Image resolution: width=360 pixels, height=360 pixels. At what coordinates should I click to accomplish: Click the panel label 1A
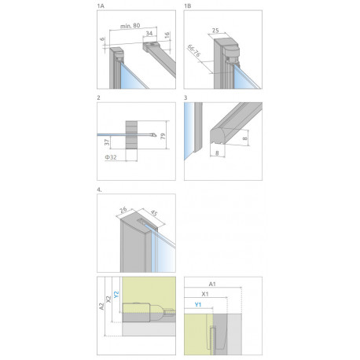(x=101, y=6)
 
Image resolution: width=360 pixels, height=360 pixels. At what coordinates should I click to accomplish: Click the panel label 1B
(x=188, y=6)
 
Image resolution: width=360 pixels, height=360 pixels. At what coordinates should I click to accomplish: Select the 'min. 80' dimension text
(x=130, y=26)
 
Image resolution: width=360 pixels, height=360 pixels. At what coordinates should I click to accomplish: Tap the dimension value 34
(x=149, y=33)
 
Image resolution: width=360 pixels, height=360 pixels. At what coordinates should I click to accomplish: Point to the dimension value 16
(x=167, y=35)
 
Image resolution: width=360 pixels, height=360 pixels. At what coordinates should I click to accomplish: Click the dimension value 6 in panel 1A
(x=102, y=39)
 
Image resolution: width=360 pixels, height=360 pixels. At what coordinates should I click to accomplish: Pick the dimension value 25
(x=215, y=31)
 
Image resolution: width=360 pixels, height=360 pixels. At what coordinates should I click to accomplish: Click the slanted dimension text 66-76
(x=194, y=51)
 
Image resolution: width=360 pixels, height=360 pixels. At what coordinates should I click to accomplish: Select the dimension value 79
(x=163, y=136)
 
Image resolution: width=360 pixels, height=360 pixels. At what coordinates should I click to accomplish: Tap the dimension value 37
(x=107, y=142)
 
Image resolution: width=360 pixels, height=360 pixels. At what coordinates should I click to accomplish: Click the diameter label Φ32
(x=111, y=157)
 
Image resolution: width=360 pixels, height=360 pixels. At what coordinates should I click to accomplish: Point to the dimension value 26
(x=123, y=210)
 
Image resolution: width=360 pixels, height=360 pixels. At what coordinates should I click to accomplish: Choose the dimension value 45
(x=154, y=214)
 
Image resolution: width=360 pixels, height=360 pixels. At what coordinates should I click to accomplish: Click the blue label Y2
(x=116, y=294)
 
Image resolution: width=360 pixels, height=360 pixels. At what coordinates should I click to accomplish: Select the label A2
(x=101, y=307)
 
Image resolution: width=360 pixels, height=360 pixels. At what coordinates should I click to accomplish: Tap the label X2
(x=108, y=299)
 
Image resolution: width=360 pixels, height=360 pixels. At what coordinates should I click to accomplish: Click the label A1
(x=212, y=284)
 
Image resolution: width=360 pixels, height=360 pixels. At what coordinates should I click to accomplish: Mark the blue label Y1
(x=198, y=305)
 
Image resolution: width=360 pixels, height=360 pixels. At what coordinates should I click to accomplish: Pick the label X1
(x=205, y=294)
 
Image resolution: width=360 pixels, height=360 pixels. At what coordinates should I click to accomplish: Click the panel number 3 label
(x=186, y=97)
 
